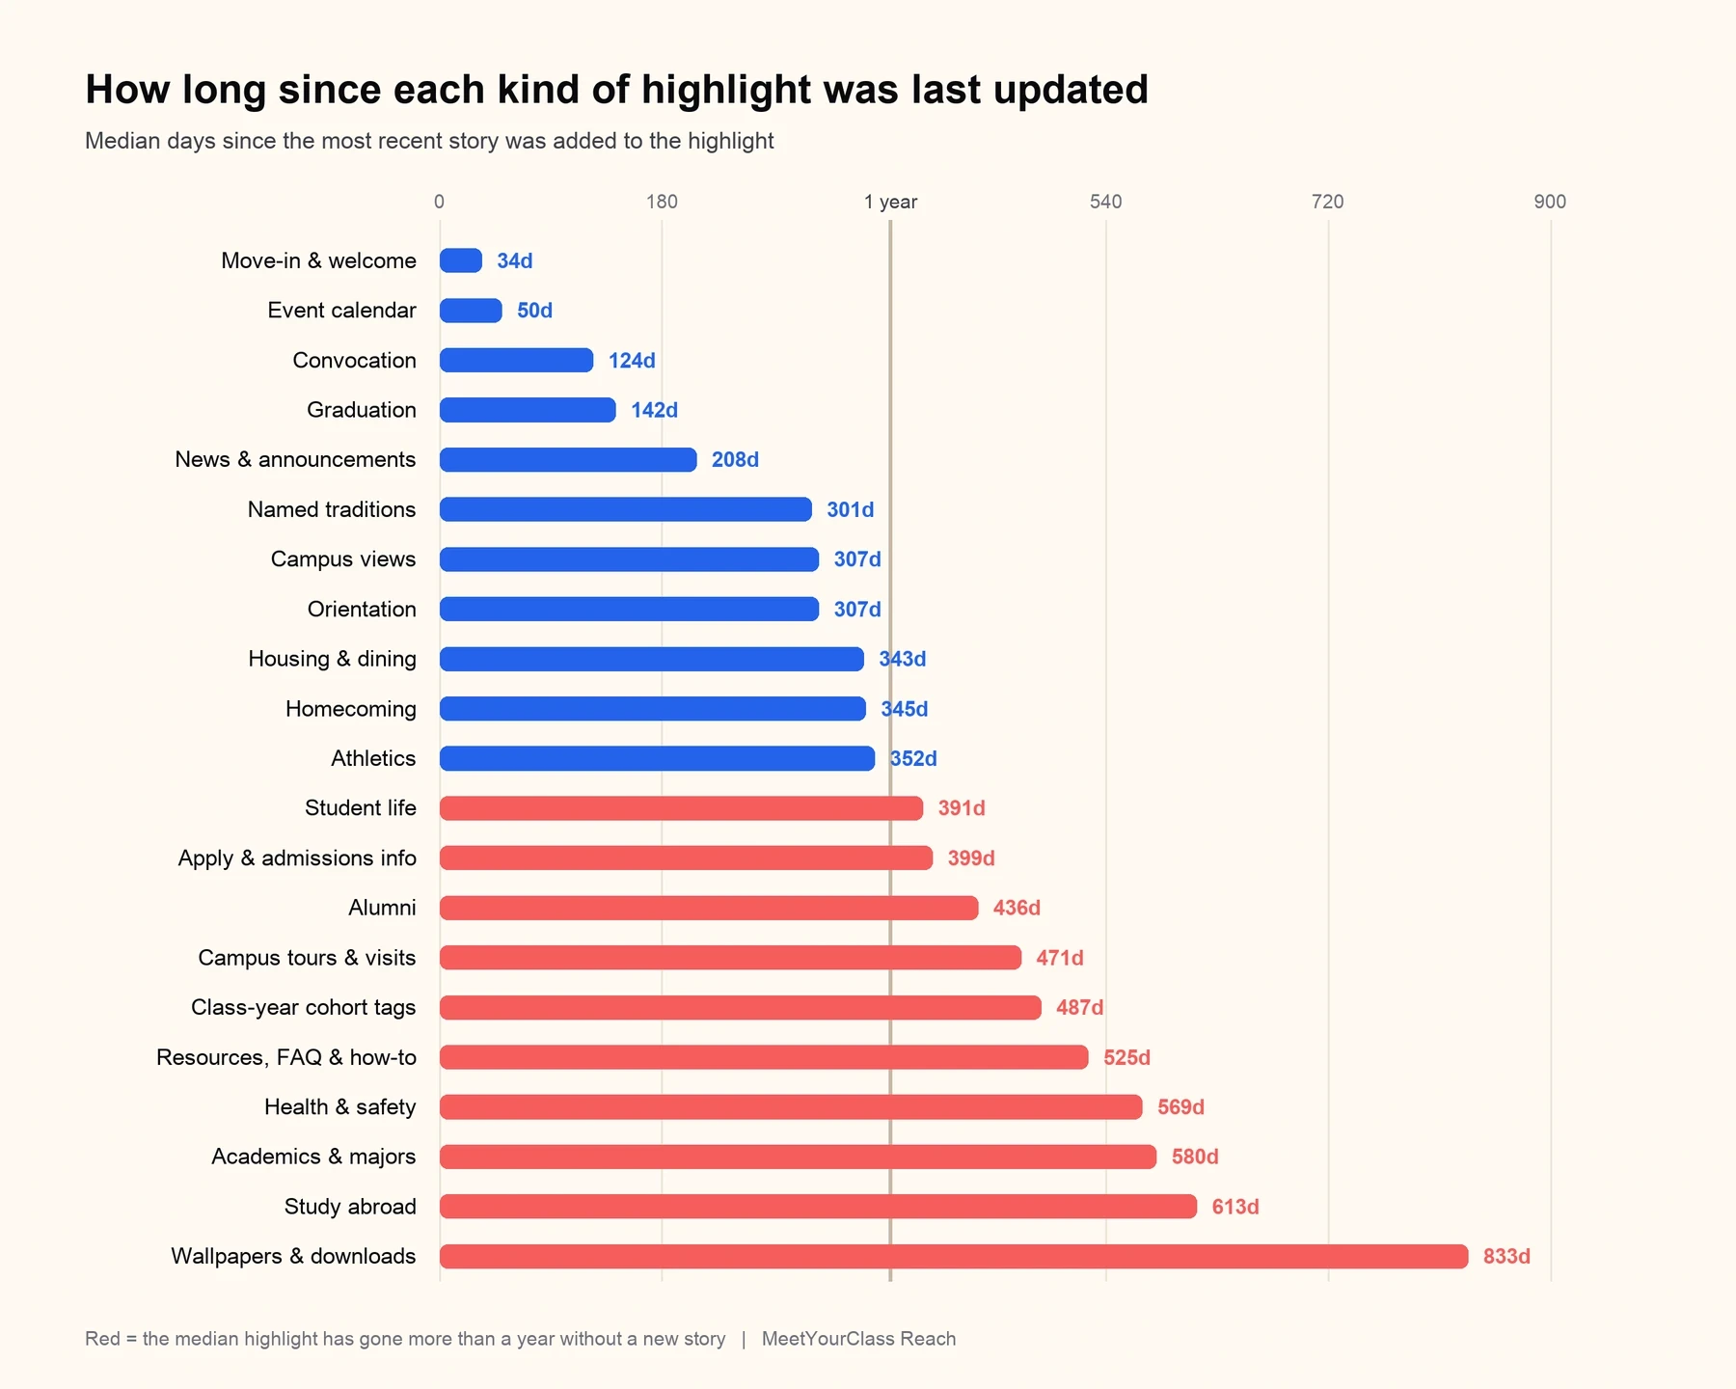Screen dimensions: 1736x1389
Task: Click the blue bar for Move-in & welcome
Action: coord(461,260)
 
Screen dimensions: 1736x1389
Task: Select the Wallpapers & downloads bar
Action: coord(954,1256)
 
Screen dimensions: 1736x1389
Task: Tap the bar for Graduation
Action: coord(528,410)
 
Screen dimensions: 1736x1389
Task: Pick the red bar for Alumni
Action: coord(709,908)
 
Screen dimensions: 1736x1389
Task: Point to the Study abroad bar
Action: coord(818,1207)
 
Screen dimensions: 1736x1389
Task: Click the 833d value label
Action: coord(1506,1256)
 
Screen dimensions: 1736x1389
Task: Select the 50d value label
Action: coord(534,311)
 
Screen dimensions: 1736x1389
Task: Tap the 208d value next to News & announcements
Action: coord(735,460)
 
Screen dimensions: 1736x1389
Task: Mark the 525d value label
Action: coord(1126,1057)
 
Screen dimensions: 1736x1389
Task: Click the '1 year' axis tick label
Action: coord(890,202)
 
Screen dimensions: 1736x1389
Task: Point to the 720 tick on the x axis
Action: coord(1327,202)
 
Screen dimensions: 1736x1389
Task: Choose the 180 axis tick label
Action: coord(662,202)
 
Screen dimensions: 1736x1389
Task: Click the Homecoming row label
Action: coord(351,709)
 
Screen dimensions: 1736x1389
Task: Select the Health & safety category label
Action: coord(340,1107)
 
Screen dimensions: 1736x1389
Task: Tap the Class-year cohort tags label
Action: coord(304,1008)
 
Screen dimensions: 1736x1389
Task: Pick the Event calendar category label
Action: coord(342,311)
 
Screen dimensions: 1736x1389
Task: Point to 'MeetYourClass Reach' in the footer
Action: coord(858,1339)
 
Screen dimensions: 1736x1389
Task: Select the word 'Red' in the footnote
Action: coord(102,1339)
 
